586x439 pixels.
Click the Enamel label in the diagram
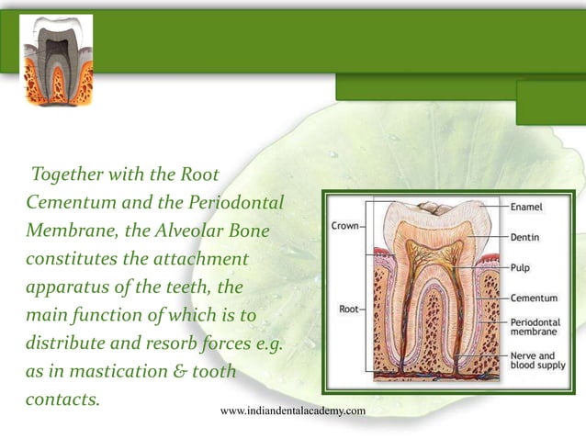[x=531, y=208]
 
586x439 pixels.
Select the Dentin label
[x=525, y=237]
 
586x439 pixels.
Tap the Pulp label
[x=521, y=267]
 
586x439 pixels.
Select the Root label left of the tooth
[x=349, y=309]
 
